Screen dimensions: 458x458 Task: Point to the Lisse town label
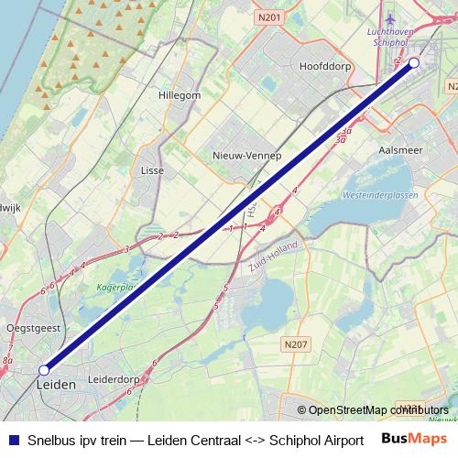[x=151, y=170]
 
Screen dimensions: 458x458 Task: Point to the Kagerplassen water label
[x=117, y=287]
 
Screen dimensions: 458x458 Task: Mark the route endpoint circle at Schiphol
[x=414, y=62]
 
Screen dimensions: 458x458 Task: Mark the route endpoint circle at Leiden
[x=43, y=370]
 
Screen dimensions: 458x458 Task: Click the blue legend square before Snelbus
[x=11, y=440]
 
